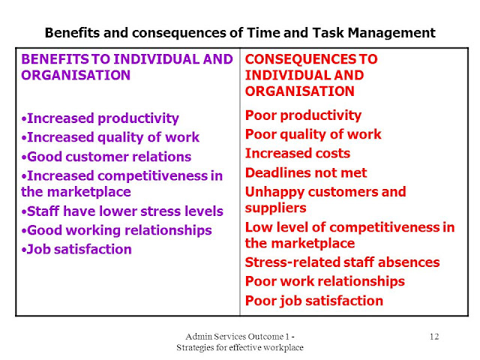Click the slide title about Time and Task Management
point(240,33)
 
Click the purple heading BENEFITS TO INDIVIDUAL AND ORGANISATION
point(125,67)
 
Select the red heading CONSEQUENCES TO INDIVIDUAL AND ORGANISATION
point(311,75)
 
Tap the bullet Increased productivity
point(100,118)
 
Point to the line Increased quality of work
point(111,137)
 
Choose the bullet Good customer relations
point(106,157)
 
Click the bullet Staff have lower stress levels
point(122,211)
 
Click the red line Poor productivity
point(303,115)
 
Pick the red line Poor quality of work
point(313,134)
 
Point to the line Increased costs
point(298,153)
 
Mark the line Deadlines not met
point(306,172)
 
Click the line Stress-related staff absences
point(343,262)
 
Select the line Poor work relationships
point(325,281)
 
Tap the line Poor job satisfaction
point(314,301)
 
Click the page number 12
point(434,334)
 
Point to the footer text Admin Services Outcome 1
point(240,335)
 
